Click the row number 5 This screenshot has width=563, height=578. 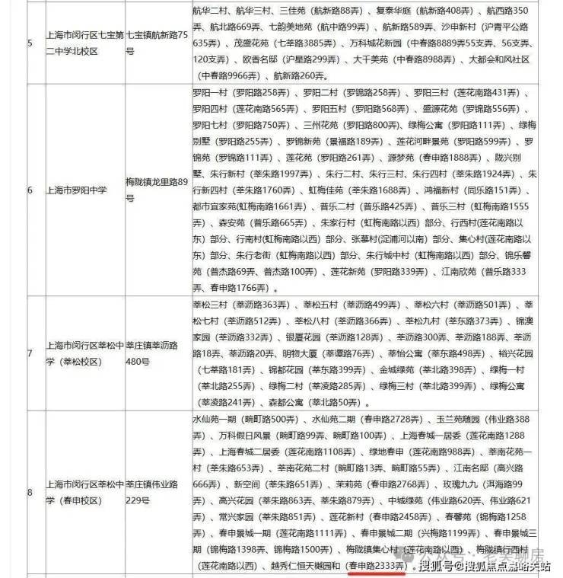(x=30, y=43)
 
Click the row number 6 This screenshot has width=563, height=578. (x=30, y=189)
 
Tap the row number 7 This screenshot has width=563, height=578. (x=30, y=353)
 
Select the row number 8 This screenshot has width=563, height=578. (x=30, y=492)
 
